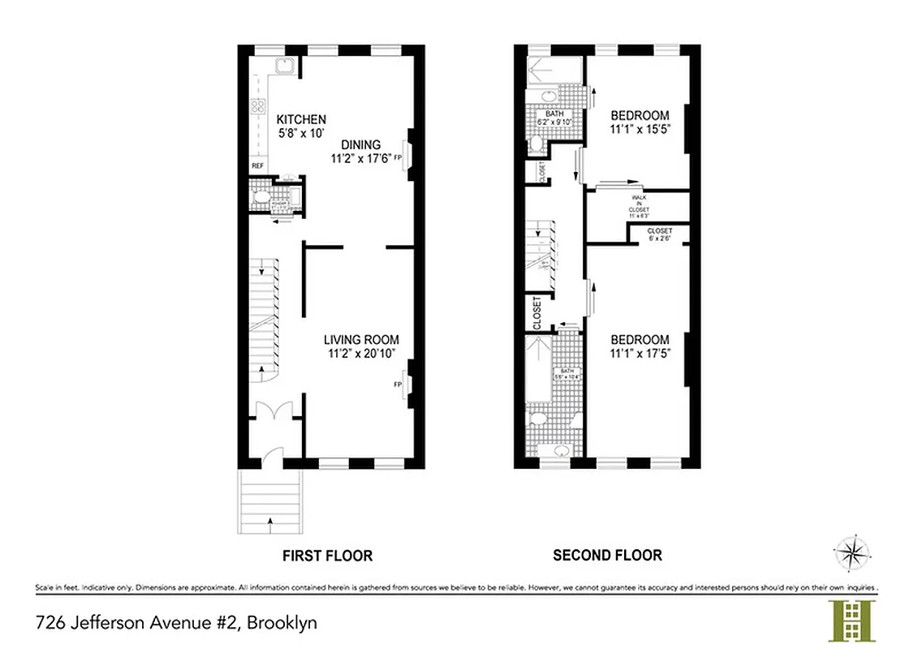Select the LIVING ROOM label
[x=361, y=340]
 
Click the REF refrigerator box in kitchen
[x=257, y=165]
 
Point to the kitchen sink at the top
[x=285, y=67]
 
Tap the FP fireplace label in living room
[x=398, y=384]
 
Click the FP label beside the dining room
[x=398, y=159]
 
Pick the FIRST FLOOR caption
[x=327, y=556]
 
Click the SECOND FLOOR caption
[x=606, y=556]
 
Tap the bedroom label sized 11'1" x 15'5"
[x=640, y=122]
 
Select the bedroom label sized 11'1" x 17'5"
[x=640, y=346]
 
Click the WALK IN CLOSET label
[x=636, y=207]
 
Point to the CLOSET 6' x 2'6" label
[x=659, y=234]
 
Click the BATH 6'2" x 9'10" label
[x=554, y=118]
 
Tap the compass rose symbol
[x=851, y=554]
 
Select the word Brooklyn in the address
[x=282, y=623]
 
